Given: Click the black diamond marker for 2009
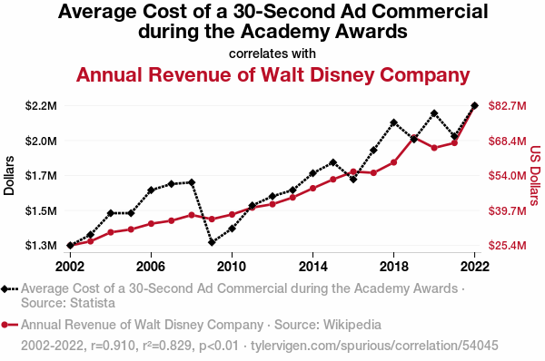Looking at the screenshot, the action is pos(212,242).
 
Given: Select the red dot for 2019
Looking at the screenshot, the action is pos(413,138).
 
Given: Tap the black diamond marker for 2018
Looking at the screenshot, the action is pos(393,122).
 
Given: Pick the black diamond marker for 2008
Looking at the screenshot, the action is pos(192,182).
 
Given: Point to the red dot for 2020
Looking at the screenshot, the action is pos(434,148).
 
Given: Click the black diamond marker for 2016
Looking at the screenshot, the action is pos(353,180).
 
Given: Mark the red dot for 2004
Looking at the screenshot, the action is pos(111,232).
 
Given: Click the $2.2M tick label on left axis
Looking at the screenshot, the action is pos(41,105).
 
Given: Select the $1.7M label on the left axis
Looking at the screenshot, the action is pos(41,176).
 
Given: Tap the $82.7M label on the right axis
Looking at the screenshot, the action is pos(507,105).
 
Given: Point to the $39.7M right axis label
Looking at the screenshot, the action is pos(507,210).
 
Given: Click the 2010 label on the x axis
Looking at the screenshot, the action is pos(232,267).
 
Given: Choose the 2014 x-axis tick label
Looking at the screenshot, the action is pos(312,267).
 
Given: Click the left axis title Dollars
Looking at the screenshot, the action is pos(9,176).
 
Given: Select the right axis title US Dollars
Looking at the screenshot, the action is pos(536,176).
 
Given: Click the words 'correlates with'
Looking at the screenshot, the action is pos(272,54).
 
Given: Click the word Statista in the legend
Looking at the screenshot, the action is pos(92,303).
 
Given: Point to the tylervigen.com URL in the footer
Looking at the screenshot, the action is pos(374,346).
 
